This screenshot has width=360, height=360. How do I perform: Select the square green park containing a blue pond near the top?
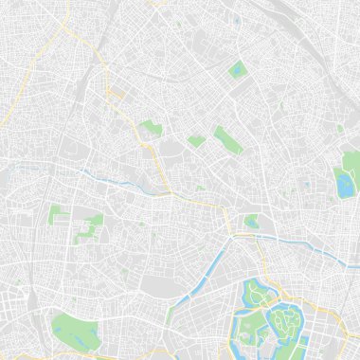[237, 69]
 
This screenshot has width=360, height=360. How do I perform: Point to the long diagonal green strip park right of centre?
[227, 140]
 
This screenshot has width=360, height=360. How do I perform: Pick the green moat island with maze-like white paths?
[283, 323]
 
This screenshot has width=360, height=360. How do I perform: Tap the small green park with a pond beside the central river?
[251, 222]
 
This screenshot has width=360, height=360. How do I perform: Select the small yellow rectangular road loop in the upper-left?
[117, 94]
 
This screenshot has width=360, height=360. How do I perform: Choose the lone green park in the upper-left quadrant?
[150, 128]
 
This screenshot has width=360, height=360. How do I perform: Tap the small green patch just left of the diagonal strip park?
[196, 141]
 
